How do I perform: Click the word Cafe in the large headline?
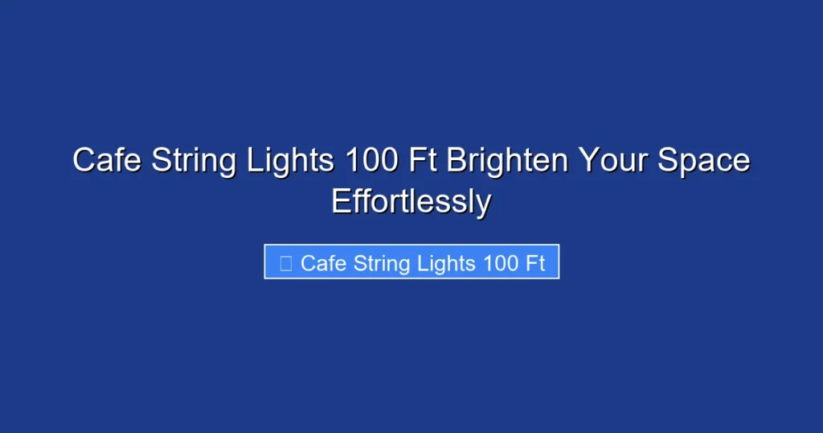point(102,160)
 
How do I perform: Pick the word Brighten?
point(506,160)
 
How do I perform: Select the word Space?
point(704,160)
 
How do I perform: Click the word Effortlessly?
point(411,201)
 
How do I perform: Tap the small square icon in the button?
point(285,262)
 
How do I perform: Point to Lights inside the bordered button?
point(448,262)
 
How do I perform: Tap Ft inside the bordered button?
point(536,262)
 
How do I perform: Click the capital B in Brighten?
point(456,160)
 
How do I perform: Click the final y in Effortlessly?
point(482,203)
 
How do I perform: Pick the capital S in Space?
point(668,160)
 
